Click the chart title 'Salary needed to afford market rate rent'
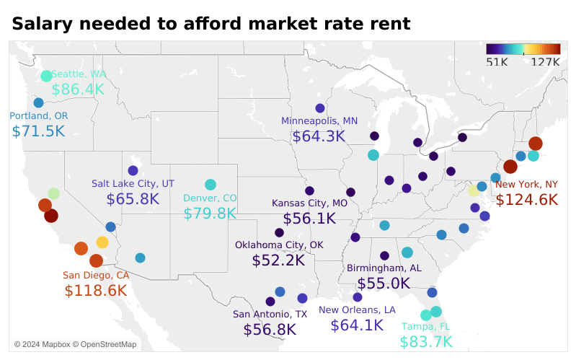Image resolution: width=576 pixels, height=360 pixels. point(211,24)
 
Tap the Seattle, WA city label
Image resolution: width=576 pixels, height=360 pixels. point(79,74)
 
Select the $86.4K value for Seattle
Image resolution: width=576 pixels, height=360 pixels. point(78,89)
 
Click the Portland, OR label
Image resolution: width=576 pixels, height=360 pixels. point(39,116)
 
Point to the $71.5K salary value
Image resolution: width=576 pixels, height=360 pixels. point(38,131)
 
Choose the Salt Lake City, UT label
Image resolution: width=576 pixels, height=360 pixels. point(133,184)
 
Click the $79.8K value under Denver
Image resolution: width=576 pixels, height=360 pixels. point(210,214)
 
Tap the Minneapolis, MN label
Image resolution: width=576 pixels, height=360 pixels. point(319,120)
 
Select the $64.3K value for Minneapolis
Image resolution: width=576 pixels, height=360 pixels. point(319,136)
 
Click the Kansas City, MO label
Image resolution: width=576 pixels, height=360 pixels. point(309,203)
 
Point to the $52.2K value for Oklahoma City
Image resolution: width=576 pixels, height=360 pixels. point(278,260)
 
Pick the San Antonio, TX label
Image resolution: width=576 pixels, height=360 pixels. point(270,315)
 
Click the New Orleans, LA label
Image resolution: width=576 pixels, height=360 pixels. point(357,310)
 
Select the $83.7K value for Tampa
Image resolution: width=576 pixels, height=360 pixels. point(426,342)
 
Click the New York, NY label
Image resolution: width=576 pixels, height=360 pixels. point(527,184)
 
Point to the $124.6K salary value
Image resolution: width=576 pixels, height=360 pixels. point(527,199)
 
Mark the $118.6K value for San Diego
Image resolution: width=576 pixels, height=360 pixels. point(96,291)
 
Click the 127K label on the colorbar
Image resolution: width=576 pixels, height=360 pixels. point(545,62)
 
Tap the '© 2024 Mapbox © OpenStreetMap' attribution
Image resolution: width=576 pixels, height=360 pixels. point(75,344)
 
